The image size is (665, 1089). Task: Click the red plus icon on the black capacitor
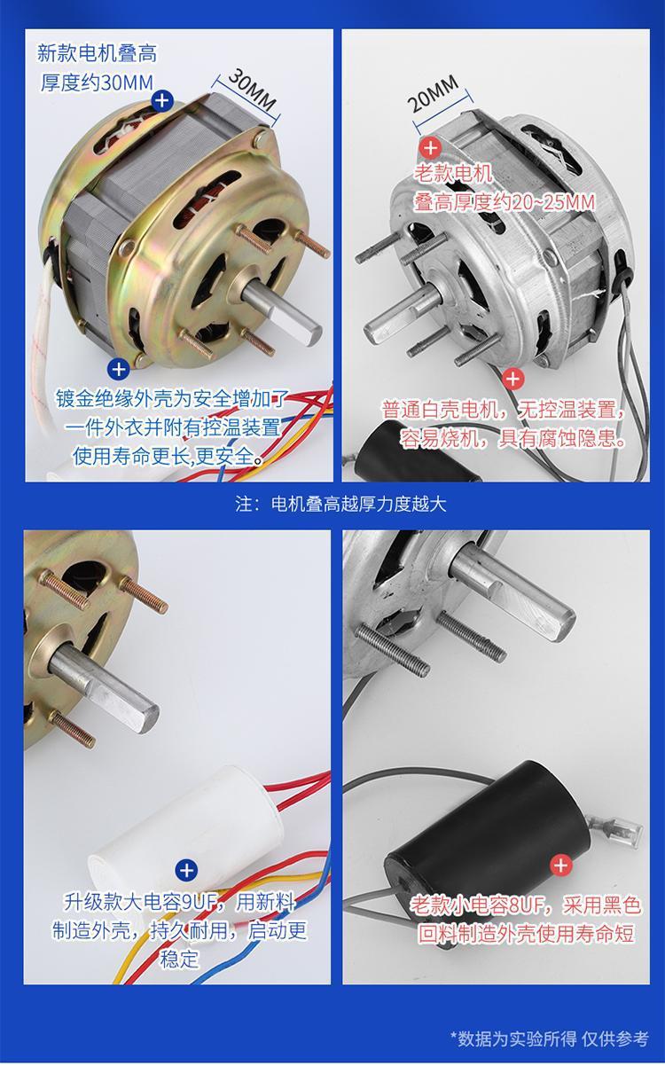[x=560, y=866]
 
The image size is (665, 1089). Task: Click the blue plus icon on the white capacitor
[x=186, y=870]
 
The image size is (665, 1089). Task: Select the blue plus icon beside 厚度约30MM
[x=161, y=101]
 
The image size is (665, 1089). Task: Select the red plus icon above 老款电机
[x=430, y=148]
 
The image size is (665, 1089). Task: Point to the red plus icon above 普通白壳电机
[x=512, y=380]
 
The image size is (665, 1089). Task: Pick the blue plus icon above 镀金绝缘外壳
[x=118, y=368]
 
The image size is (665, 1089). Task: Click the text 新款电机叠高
[x=97, y=53]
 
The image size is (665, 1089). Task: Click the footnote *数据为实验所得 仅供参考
[x=549, y=1038]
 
